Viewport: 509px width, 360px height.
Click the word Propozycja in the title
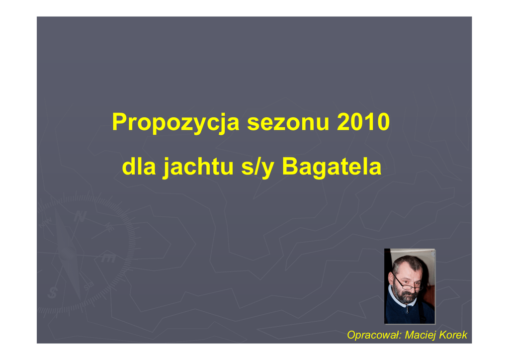point(175,123)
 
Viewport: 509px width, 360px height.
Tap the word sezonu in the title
point(288,122)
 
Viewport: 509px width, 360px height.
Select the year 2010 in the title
point(363,122)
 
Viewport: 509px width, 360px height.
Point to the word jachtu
point(198,168)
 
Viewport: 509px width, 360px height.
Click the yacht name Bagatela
point(332,167)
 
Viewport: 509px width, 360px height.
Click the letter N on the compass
point(80,216)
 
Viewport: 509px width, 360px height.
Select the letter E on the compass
point(109,258)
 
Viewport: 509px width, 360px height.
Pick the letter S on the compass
point(53,292)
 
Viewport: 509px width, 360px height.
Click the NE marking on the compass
point(110,227)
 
